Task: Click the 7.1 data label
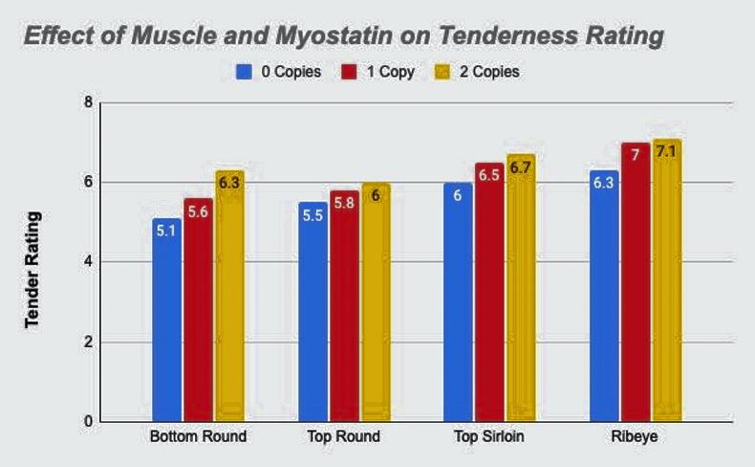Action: [667, 152]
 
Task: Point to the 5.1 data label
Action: [166, 231]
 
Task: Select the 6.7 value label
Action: [521, 167]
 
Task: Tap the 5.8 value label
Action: [344, 203]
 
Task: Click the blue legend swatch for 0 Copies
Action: [244, 72]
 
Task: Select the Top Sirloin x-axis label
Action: [489, 437]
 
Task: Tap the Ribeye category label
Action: [636, 437]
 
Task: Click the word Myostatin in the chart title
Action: [338, 37]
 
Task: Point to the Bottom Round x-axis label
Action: [198, 437]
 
